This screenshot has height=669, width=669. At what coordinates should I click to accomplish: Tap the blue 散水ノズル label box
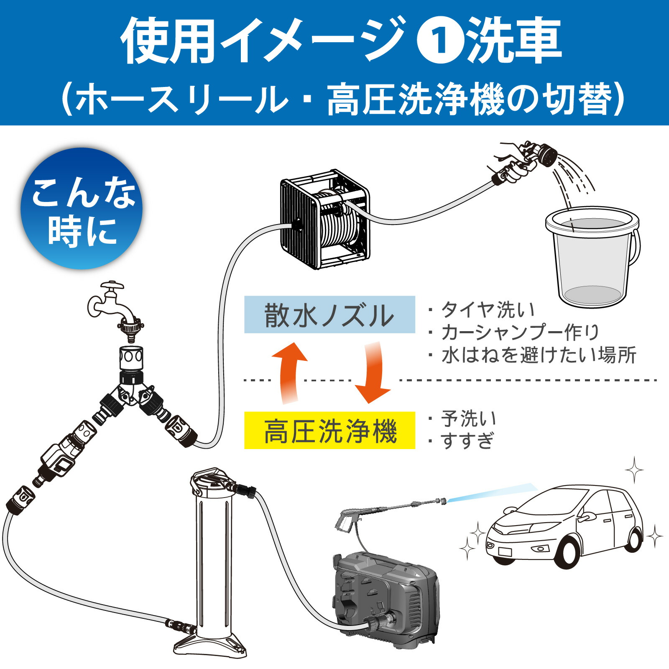pos(329,314)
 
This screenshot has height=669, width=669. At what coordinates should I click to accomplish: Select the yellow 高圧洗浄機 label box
pos(329,431)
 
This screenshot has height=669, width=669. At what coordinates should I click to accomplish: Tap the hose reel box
pos(325,220)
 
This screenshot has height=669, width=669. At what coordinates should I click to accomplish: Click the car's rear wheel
pos(635,539)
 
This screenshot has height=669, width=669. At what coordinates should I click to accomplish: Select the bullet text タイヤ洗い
pos(487,310)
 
